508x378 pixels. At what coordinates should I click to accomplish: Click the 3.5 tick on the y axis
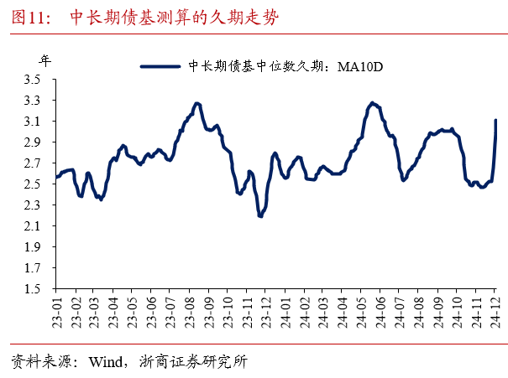click(34, 80)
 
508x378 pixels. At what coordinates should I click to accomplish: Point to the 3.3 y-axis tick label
click(34, 101)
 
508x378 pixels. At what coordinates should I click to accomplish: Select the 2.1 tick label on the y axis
click(34, 226)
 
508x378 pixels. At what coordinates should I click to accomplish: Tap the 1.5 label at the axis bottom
click(34, 289)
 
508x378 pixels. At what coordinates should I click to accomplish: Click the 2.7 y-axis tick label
click(34, 163)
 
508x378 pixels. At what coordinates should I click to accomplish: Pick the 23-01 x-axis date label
click(57, 312)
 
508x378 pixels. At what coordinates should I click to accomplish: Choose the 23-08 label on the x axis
click(189, 312)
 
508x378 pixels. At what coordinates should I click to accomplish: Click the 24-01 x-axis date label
click(283, 312)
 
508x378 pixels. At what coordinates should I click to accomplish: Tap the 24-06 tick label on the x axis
click(378, 312)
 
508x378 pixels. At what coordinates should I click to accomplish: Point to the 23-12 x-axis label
click(264, 312)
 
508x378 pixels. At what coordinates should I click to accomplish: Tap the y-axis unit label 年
click(44, 60)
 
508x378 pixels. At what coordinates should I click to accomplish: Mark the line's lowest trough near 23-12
click(260, 215)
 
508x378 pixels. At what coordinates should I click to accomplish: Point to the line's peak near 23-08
click(196, 104)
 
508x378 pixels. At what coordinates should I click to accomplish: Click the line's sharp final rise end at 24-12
click(496, 122)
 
